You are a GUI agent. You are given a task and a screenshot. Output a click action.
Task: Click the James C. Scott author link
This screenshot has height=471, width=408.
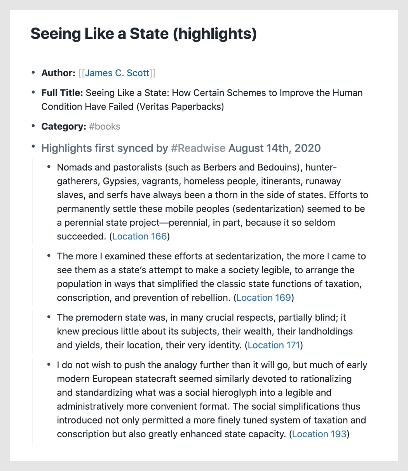click(117, 73)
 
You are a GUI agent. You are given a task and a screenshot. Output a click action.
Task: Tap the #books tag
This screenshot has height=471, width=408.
click(105, 127)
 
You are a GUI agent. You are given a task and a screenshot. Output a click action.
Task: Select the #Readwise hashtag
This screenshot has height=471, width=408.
click(198, 148)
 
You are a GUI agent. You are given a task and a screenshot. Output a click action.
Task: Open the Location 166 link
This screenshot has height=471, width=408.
click(139, 236)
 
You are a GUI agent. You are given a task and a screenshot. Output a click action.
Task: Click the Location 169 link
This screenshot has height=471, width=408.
click(263, 298)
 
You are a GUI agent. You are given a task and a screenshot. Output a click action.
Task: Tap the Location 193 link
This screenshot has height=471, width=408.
click(319, 434)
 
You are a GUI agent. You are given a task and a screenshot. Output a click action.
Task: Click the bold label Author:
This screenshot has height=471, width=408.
click(58, 73)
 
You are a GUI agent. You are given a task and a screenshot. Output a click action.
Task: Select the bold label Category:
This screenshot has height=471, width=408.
click(64, 127)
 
